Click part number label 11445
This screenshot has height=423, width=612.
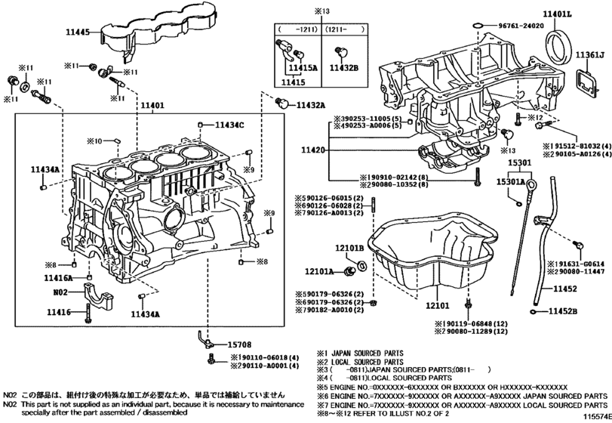coord(77,32)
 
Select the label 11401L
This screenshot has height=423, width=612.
coord(558,14)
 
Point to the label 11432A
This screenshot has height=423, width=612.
coord(311,105)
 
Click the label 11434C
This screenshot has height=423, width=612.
coord(229,125)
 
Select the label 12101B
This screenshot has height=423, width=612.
coord(350,248)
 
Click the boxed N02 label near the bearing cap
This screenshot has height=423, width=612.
coord(61,292)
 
